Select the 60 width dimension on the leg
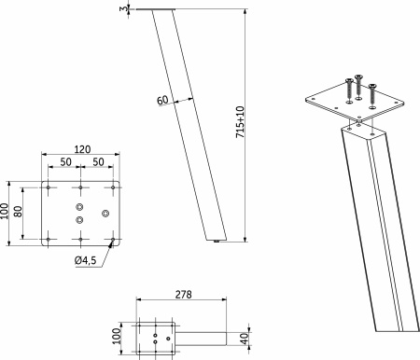click(x=162, y=99)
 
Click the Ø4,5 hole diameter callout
click(x=88, y=261)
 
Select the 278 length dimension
click(x=183, y=295)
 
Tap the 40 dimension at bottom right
click(x=245, y=337)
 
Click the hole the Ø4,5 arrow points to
click(x=113, y=240)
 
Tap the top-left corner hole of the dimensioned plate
click(x=48, y=187)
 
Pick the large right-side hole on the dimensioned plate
click(x=105, y=213)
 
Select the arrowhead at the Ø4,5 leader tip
click(x=111, y=244)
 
